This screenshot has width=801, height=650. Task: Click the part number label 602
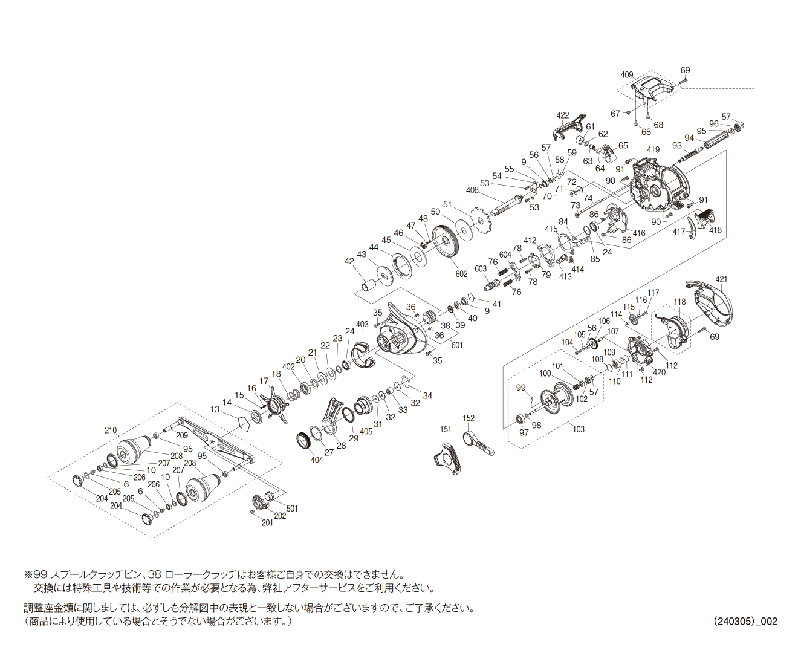(461, 275)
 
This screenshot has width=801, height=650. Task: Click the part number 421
(721, 279)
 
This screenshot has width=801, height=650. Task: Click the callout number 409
(626, 75)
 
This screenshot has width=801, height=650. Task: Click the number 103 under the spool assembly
(579, 429)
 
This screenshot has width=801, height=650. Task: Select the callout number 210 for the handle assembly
(111, 431)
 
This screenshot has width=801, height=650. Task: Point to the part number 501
(292, 509)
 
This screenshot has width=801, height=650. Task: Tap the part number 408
(472, 190)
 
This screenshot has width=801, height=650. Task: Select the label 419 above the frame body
(653, 151)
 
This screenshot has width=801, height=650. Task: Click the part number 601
(457, 345)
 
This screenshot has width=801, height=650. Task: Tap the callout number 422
(563, 115)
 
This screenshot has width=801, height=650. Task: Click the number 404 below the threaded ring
(317, 460)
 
